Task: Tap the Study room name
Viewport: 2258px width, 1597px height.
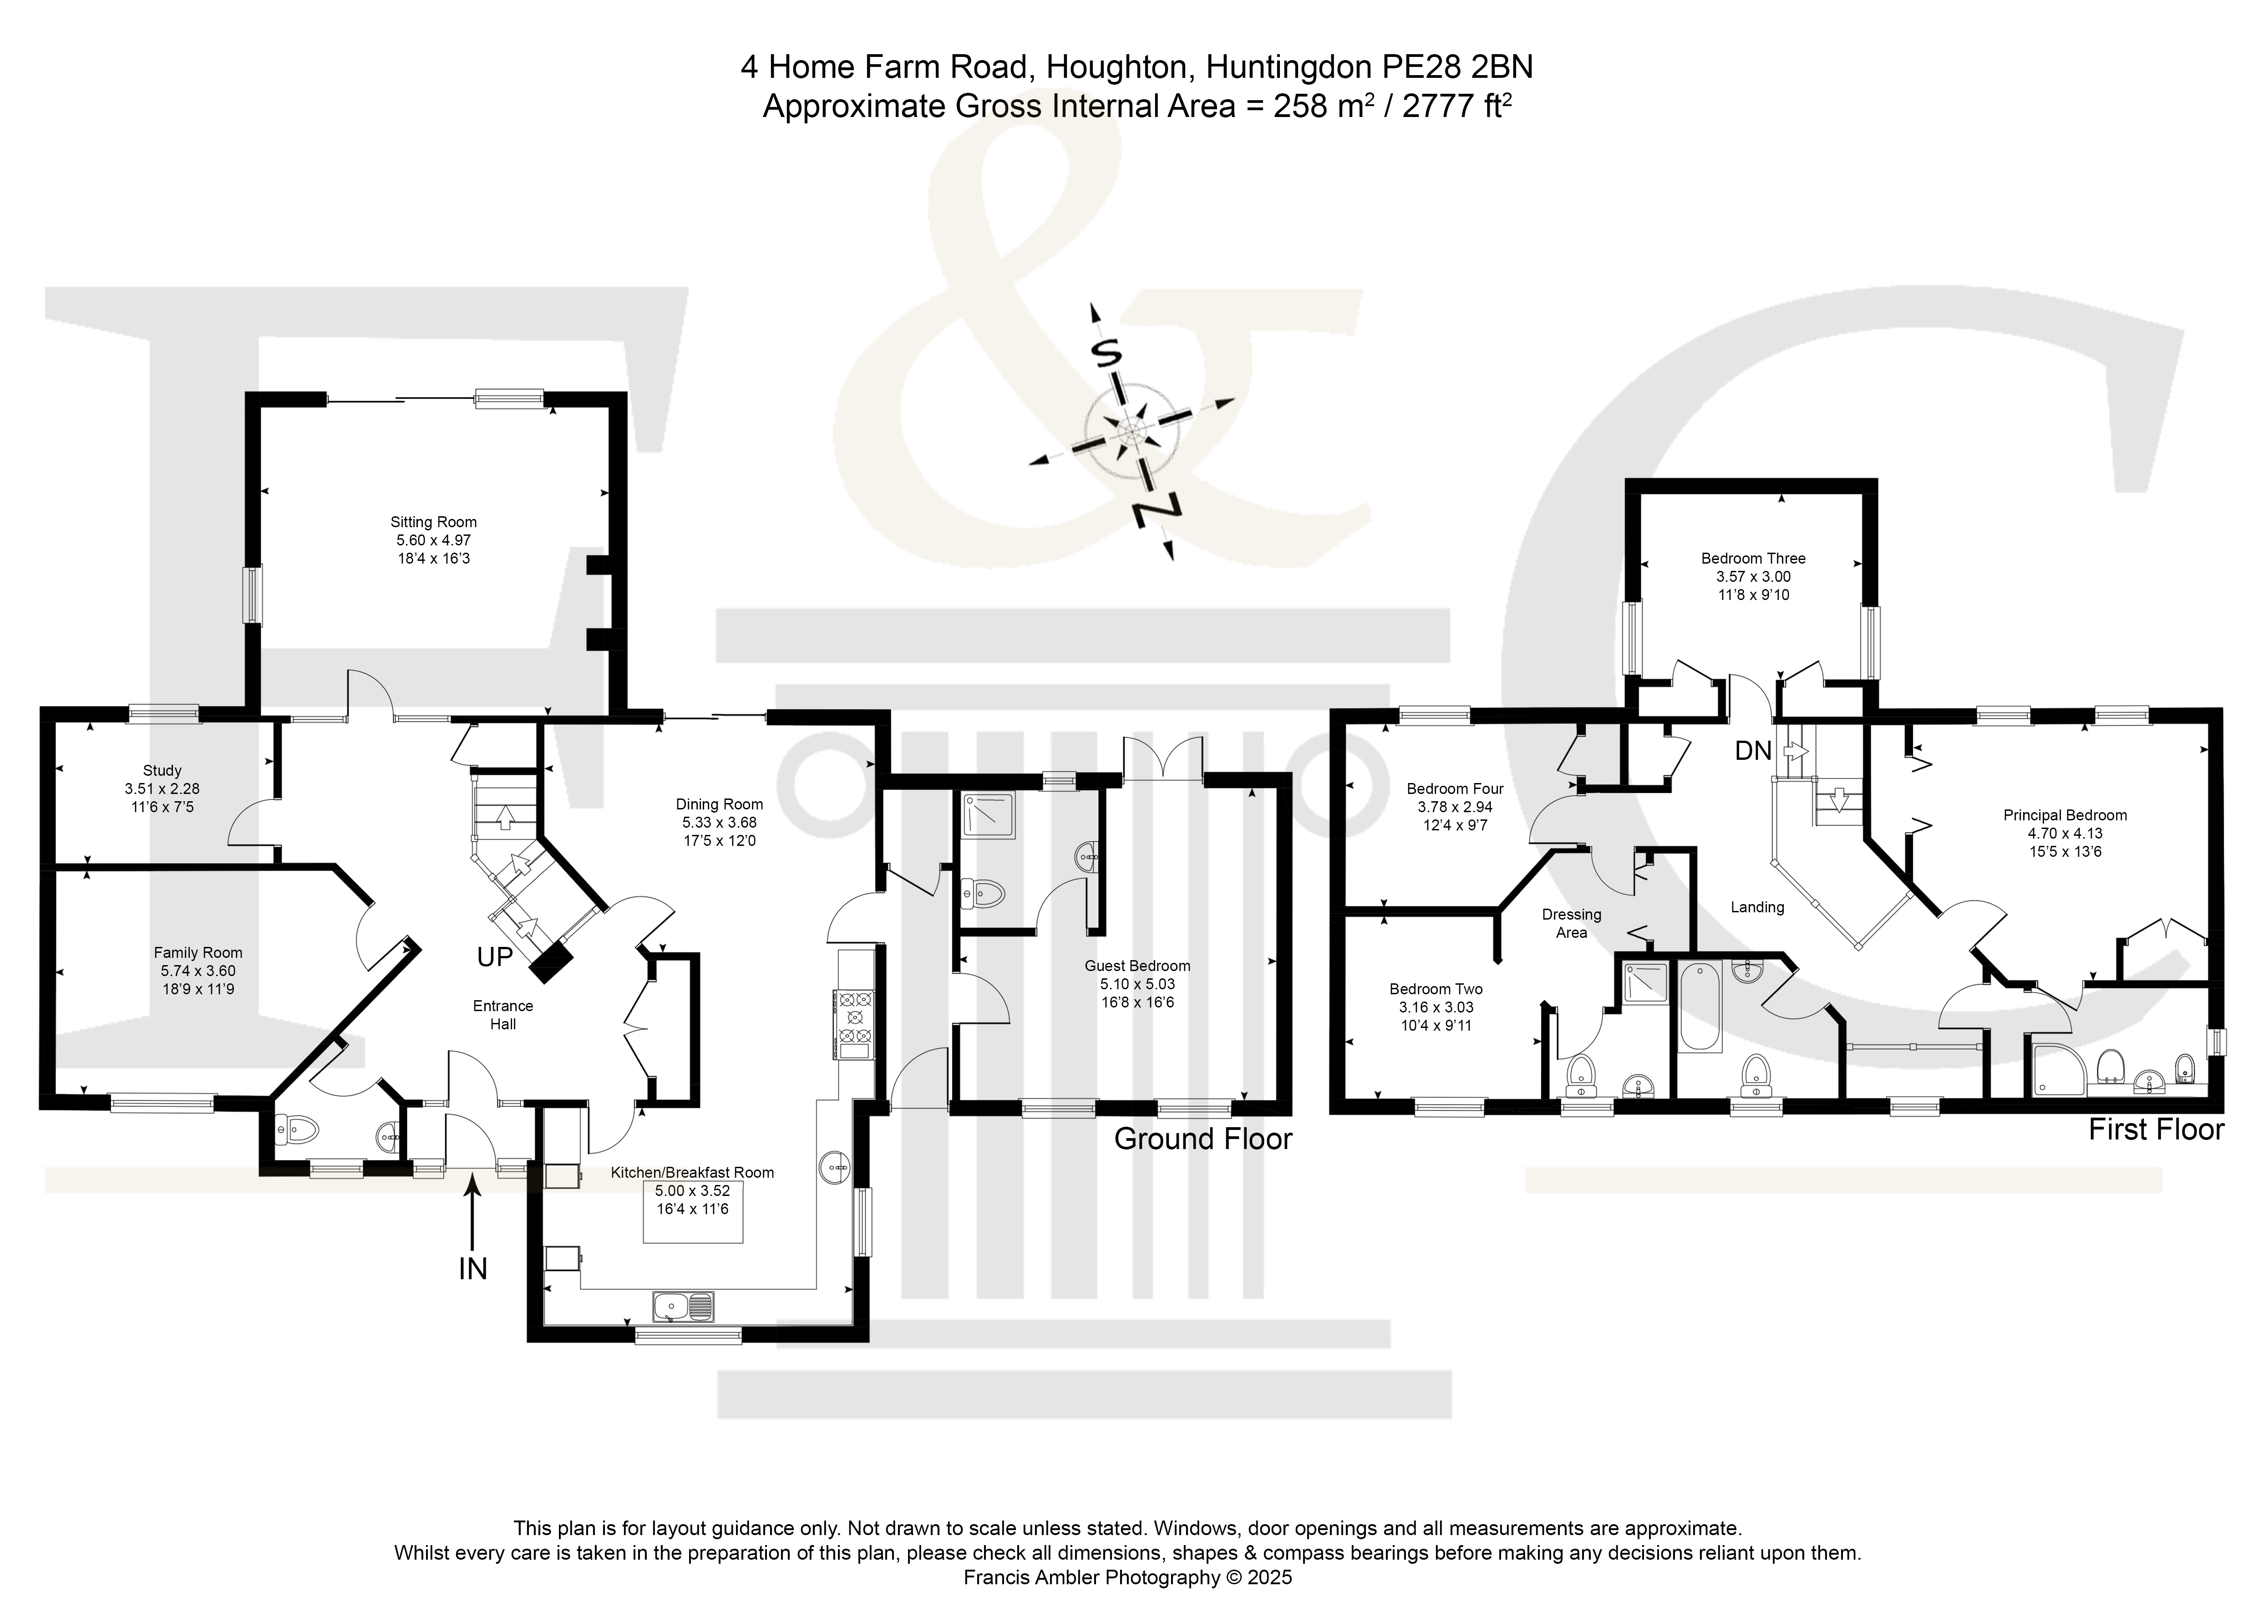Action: (162, 771)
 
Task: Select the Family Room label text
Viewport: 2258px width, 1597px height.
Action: (198, 953)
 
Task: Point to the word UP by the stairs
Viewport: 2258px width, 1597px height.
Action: (495, 957)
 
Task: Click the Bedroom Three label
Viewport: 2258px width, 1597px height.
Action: (1754, 559)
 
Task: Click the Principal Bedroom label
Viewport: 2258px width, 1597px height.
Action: (2065, 815)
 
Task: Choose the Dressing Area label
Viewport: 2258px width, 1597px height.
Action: (1572, 923)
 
